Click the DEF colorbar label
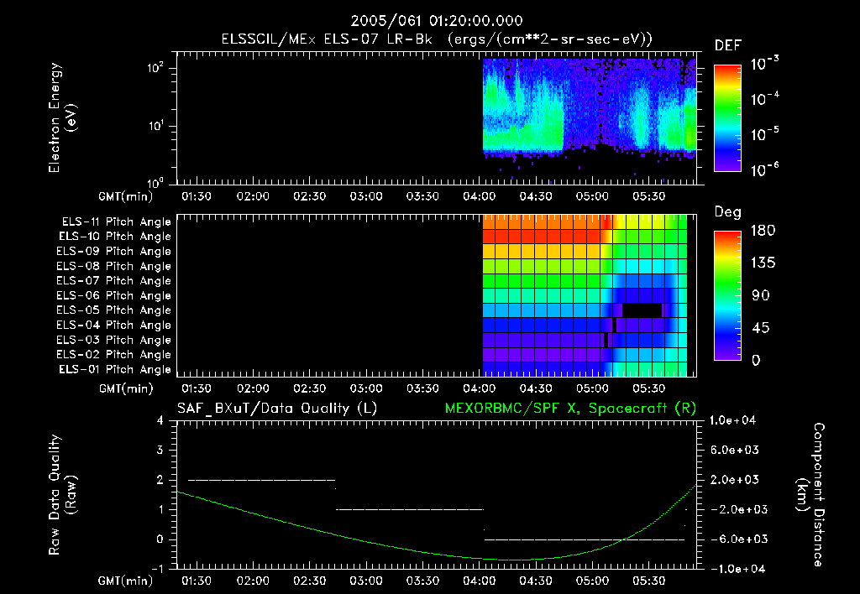[x=727, y=46]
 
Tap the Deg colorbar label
[x=727, y=212]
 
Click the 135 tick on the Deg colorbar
[x=756, y=263]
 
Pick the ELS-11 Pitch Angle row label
[x=116, y=222]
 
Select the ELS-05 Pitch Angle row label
[x=116, y=310]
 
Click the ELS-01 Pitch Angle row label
[x=116, y=370]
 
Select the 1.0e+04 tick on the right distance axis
[x=734, y=420]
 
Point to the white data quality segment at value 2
[x=261, y=480]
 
